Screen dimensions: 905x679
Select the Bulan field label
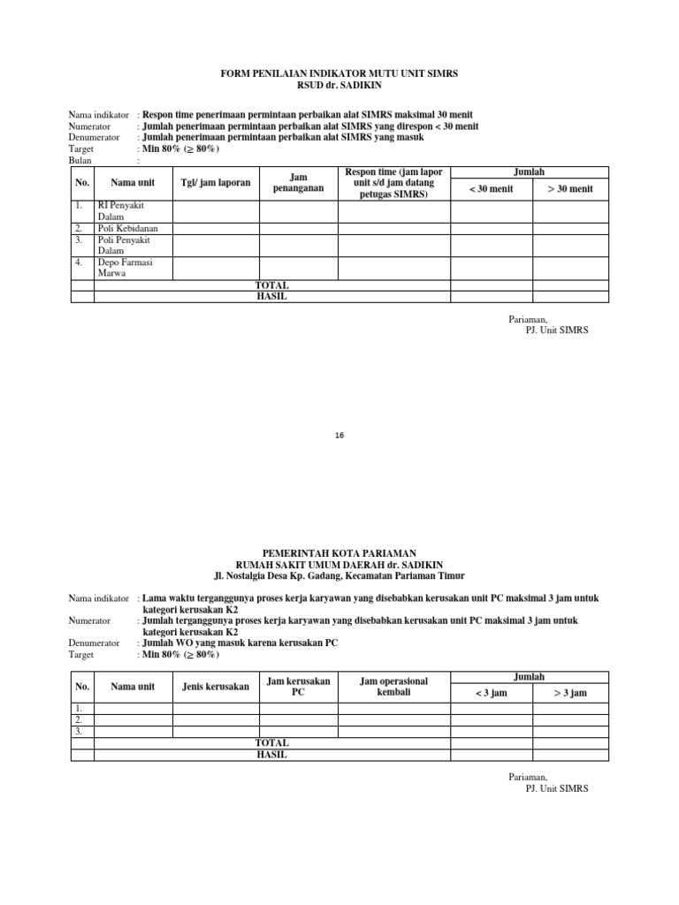(81, 161)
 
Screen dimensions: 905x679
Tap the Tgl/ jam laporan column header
(216, 183)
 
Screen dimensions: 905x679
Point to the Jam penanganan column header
(298, 183)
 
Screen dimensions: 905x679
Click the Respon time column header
(394, 183)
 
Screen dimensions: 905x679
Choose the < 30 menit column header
(492, 189)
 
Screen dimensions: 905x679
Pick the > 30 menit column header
(570, 189)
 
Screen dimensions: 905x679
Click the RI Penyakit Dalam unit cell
(121, 210)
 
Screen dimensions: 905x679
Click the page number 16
(339, 436)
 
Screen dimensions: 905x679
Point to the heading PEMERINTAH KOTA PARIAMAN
(339, 551)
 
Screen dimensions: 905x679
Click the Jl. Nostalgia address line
(339, 575)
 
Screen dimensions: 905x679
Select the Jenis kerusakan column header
(215, 687)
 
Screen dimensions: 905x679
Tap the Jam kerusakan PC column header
(298, 687)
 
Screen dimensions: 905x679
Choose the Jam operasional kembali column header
(394, 687)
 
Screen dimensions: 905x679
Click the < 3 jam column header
(492, 693)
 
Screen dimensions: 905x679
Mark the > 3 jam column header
(570, 693)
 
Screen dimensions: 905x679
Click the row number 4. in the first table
(80, 262)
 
